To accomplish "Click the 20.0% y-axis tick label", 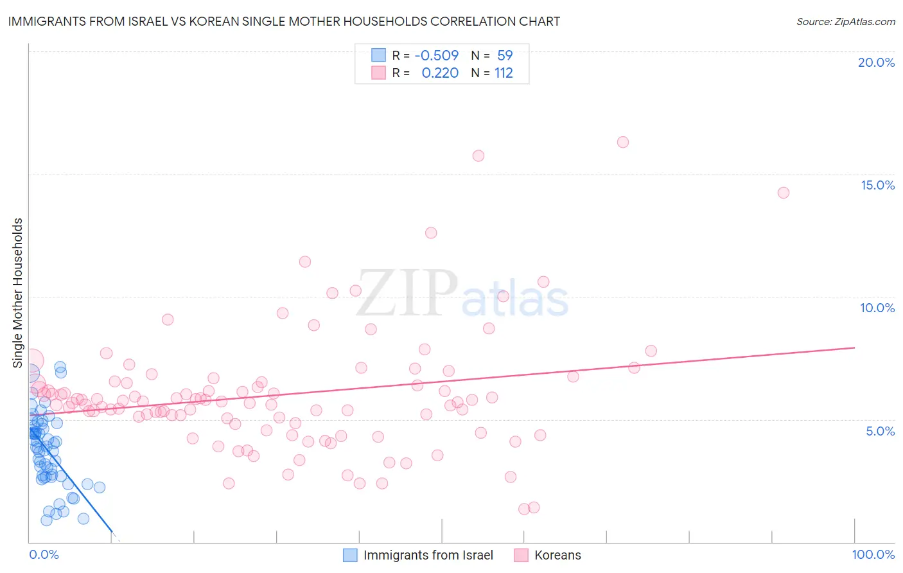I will click(876, 62).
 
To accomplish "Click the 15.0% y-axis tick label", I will click(877, 185).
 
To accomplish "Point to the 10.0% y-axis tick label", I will click(877, 308).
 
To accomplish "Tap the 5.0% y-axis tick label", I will click(880, 431).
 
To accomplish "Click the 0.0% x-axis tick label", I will click(44, 554).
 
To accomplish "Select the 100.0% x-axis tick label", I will click(873, 554).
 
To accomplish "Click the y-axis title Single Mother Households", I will click(18, 293).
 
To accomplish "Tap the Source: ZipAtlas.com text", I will click(845, 22).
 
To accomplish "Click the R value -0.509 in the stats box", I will click(437, 55).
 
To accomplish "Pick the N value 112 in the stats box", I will click(504, 73).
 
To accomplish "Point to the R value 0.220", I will click(440, 73).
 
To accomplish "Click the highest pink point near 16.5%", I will click(622, 142).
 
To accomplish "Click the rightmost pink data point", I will click(783, 193).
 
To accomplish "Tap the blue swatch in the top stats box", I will click(378, 55).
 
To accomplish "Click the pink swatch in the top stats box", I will click(378, 73).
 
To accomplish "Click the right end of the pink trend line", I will click(854, 347).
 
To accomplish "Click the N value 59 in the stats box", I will click(505, 55).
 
